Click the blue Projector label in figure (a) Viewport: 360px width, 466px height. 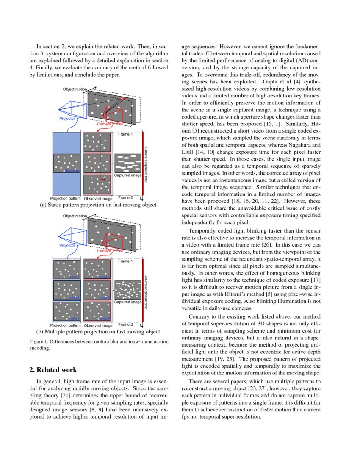67,119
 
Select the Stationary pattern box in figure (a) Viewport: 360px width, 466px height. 66,163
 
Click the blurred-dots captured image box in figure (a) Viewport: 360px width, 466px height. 127,163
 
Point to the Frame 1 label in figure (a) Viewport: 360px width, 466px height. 125,135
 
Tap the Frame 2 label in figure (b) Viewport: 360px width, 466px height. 125,324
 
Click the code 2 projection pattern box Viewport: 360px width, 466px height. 66,290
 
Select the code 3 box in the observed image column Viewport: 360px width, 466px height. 97,311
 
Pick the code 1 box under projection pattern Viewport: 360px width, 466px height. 66,269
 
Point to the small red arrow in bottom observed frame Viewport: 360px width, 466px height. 102,180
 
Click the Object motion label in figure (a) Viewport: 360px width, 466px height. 75,89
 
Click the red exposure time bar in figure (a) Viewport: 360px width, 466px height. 143,165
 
